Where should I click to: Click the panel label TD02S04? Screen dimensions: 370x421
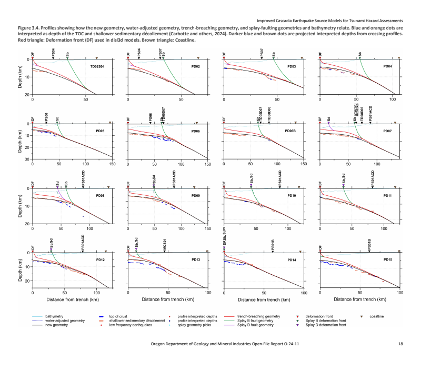[97, 67]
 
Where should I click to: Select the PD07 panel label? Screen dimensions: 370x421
[387, 131]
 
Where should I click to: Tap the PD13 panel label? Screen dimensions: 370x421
[195, 260]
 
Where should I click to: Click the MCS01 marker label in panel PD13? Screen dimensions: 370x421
[165, 246]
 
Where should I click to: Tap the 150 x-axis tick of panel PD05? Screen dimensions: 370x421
[112, 164]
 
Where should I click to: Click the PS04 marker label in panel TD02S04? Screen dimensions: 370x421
[53, 53]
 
